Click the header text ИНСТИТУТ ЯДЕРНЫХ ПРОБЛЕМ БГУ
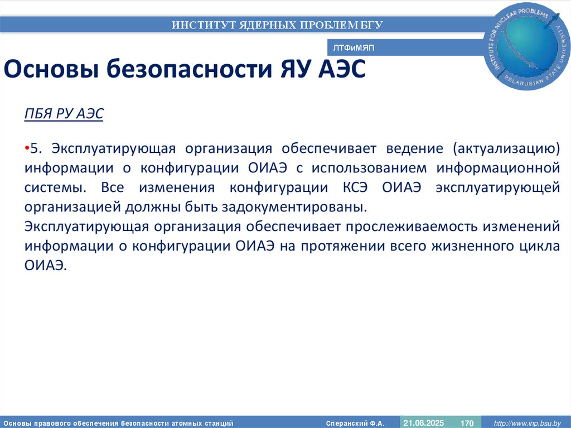click(x=277, y=25)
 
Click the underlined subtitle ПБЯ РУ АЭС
click(x=64, y=114)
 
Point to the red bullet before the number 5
click(x=27, y=148)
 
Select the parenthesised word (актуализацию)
click(x=506, y=148)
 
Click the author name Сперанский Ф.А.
click(x=355, y=424)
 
